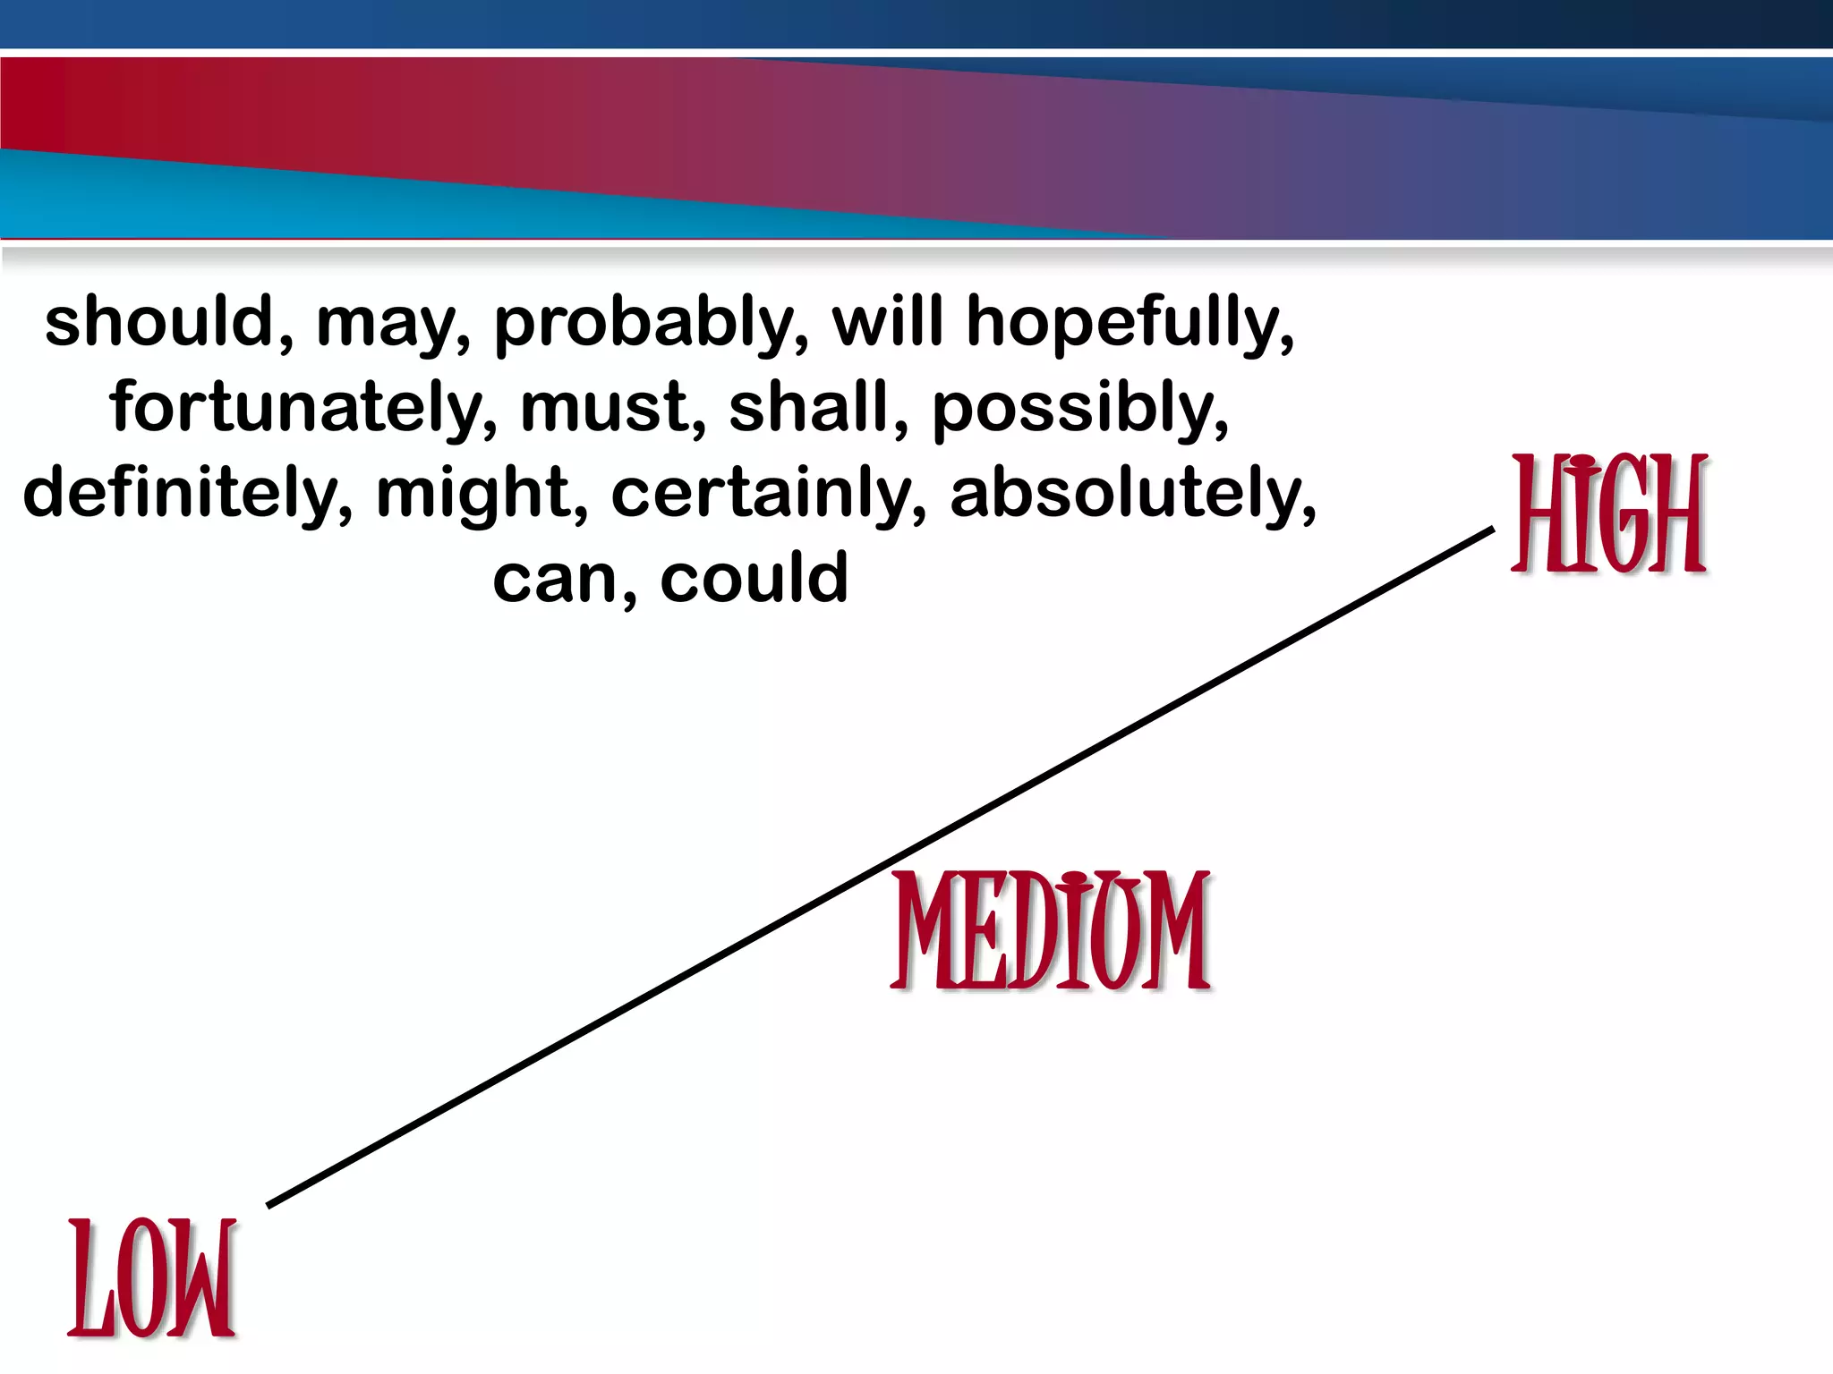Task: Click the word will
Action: [887, 321]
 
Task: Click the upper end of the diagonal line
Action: [1493, 530]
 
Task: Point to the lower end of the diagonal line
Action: [269, 1205]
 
